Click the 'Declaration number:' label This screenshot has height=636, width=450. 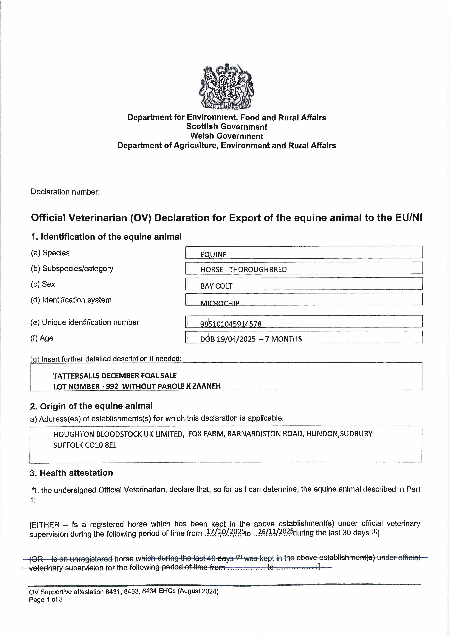click(x=65, y=192)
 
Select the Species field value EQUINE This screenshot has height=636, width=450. click(x=213, y=254)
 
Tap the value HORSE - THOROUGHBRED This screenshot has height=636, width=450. click(x=243, y=269)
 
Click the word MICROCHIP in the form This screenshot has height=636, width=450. click(x=220, y=303)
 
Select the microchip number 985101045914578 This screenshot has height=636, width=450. click(x=231, y=324)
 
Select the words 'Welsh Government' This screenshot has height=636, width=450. click(x=227, y=136)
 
